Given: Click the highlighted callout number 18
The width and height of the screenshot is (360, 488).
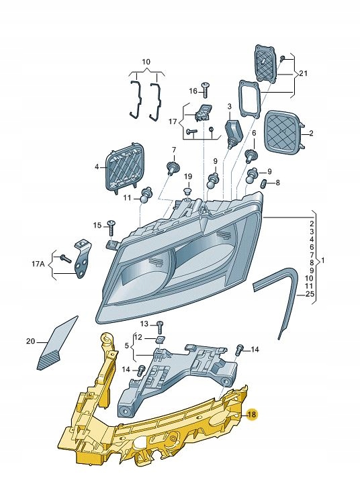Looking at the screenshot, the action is (252, 414).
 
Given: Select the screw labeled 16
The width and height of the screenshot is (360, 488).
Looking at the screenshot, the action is (205, 90).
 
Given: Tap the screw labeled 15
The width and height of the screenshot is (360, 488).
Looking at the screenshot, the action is (111, 228).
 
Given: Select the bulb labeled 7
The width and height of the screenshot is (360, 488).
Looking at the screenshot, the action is (173, 167).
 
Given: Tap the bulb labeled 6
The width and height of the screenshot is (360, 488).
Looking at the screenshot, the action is (250, 156).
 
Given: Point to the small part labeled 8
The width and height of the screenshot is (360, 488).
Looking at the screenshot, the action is (263, 183).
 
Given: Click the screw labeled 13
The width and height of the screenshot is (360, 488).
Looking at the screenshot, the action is (160, 327).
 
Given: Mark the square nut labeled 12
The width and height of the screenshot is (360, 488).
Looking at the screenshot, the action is (159, 340).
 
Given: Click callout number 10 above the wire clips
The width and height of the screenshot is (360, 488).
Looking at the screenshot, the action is (146, 62).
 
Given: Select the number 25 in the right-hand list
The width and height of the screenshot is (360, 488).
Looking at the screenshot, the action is (310, 294).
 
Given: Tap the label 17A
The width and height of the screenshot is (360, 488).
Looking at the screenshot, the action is (38, 264).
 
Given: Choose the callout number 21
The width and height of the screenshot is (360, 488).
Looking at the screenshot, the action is (304, 73).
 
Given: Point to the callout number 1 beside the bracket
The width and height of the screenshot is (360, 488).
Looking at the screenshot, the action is (322, 260).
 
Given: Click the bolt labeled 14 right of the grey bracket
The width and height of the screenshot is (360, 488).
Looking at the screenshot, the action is (240, 350).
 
